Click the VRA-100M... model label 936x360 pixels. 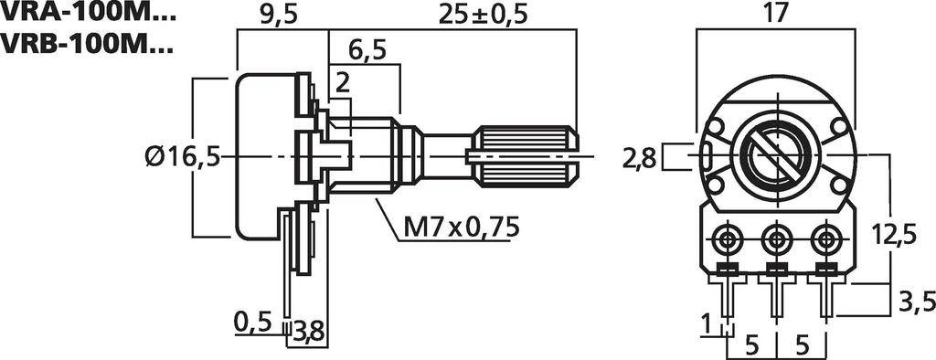[x=88, y=14]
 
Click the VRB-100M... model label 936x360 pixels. [x=88, y=43]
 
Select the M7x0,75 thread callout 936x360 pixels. [x=460, y=226]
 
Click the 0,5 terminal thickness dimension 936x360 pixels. [x=253, y=321]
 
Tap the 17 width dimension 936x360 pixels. [x=777, y=15]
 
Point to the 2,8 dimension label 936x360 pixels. [x=639, y=157]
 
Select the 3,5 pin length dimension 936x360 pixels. [x=911, y=301]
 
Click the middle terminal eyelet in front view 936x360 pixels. [x=777, y=240]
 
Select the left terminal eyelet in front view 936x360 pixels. [x=728, y=240]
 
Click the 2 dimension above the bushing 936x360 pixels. [x=342, y=83]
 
